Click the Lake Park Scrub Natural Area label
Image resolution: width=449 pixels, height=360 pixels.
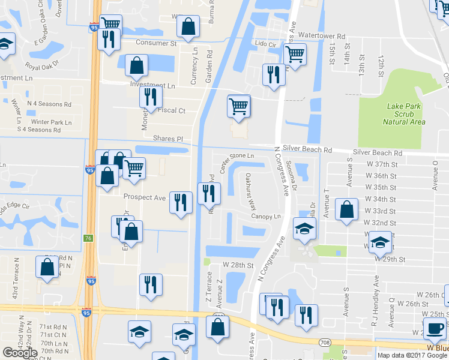404,114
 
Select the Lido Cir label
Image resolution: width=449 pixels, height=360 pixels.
265,44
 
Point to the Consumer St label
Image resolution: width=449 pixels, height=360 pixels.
156,43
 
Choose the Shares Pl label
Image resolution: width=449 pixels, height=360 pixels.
167,139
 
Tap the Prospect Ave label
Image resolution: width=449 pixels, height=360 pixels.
144,197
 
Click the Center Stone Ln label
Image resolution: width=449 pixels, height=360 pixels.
238,163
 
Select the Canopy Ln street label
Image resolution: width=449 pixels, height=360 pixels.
266,216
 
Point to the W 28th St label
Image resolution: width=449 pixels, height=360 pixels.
238,265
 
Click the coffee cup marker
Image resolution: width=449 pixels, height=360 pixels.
435,328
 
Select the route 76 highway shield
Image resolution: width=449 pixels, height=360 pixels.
88,238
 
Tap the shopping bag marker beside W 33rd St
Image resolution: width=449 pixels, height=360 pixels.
347,210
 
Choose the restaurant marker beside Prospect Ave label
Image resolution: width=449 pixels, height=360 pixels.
180,202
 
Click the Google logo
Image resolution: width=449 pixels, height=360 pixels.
20,353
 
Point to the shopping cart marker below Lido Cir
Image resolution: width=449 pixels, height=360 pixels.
295,53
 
